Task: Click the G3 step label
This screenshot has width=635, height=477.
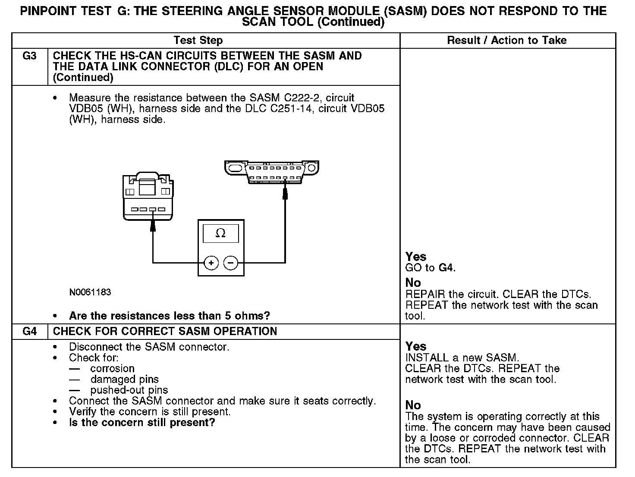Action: coord(29,56)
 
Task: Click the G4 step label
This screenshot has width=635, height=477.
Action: coord(29,332)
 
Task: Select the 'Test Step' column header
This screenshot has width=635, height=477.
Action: coord(198,41)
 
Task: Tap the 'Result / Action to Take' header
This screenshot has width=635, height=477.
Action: coord(507,41)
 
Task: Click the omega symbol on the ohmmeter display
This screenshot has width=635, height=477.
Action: coord(220,233)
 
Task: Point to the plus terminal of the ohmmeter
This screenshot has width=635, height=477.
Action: coord(211,263)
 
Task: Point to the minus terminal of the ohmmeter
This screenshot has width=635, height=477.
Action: coord(231,263)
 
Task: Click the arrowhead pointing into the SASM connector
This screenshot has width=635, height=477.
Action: coord(153,226)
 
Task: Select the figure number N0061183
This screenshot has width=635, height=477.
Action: coord(90,292)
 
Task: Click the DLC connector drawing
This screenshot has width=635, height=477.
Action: coord(272,172)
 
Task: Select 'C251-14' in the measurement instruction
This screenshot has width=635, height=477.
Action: coord(292,109)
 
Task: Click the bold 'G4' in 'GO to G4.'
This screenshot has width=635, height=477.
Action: coord(446,268)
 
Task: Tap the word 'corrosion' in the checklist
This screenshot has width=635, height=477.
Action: coord(112,369)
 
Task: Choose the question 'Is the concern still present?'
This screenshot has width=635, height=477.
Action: coord(142,423)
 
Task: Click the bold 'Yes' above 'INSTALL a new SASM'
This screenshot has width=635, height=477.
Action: coord(416,347)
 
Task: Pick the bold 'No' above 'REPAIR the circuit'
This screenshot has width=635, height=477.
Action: coord(413,283)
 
